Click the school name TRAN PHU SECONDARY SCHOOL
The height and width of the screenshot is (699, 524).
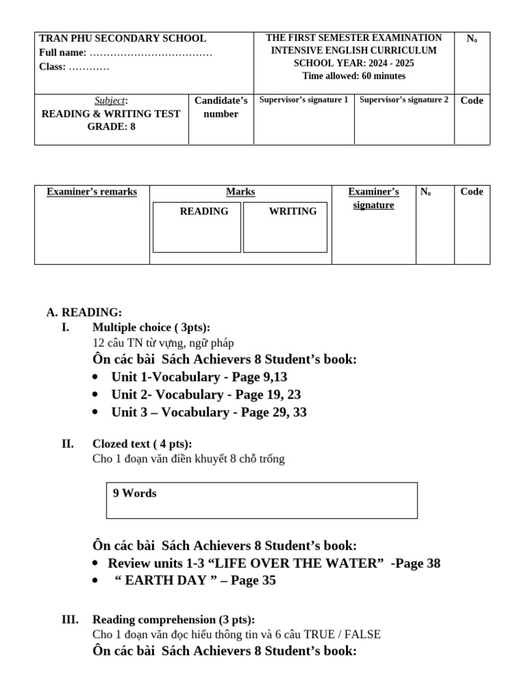[x=123, y=39]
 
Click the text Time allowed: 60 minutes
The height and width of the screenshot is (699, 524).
[x=353, y=76]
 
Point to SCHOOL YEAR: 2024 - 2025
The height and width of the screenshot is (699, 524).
[x=353, y=63]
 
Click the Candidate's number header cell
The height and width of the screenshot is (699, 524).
[x=221, y=107]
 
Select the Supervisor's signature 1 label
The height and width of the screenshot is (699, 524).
[x=304, y=100]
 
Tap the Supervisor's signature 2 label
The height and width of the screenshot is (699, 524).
[x=404, y=100]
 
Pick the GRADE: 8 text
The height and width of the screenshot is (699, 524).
[x=111, y=126]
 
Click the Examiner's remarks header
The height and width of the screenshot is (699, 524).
[x=91, y=192]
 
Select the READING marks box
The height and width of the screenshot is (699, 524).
[x=196, y=227]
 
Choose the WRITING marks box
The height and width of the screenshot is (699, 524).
[x=285, y=227]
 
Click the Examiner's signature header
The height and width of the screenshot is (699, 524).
[x=373, y=198]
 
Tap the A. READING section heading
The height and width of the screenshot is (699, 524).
[x=84, y=313]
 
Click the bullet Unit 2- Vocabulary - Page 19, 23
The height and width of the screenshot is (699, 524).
[x=206, y=395]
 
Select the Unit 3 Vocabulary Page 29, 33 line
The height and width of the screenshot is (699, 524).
[x=209, y=412]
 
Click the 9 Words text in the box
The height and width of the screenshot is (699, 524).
[x=134, y=494]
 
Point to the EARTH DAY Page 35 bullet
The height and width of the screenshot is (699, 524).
[x=194, y=581]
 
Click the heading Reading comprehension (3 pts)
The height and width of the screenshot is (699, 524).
[x=173, y=620]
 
